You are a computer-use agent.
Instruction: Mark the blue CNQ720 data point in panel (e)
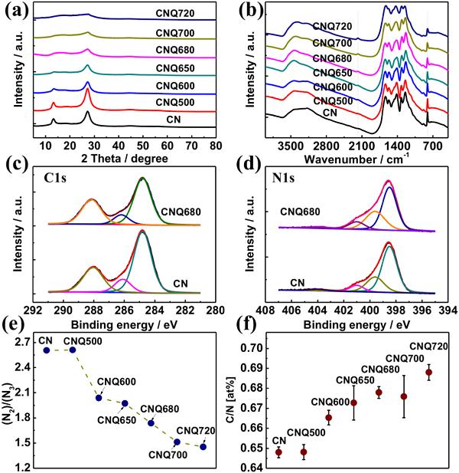pyautogui.click(x=203, y=446)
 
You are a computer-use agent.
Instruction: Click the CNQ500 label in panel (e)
pyautogui.click(x=80, y=340)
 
